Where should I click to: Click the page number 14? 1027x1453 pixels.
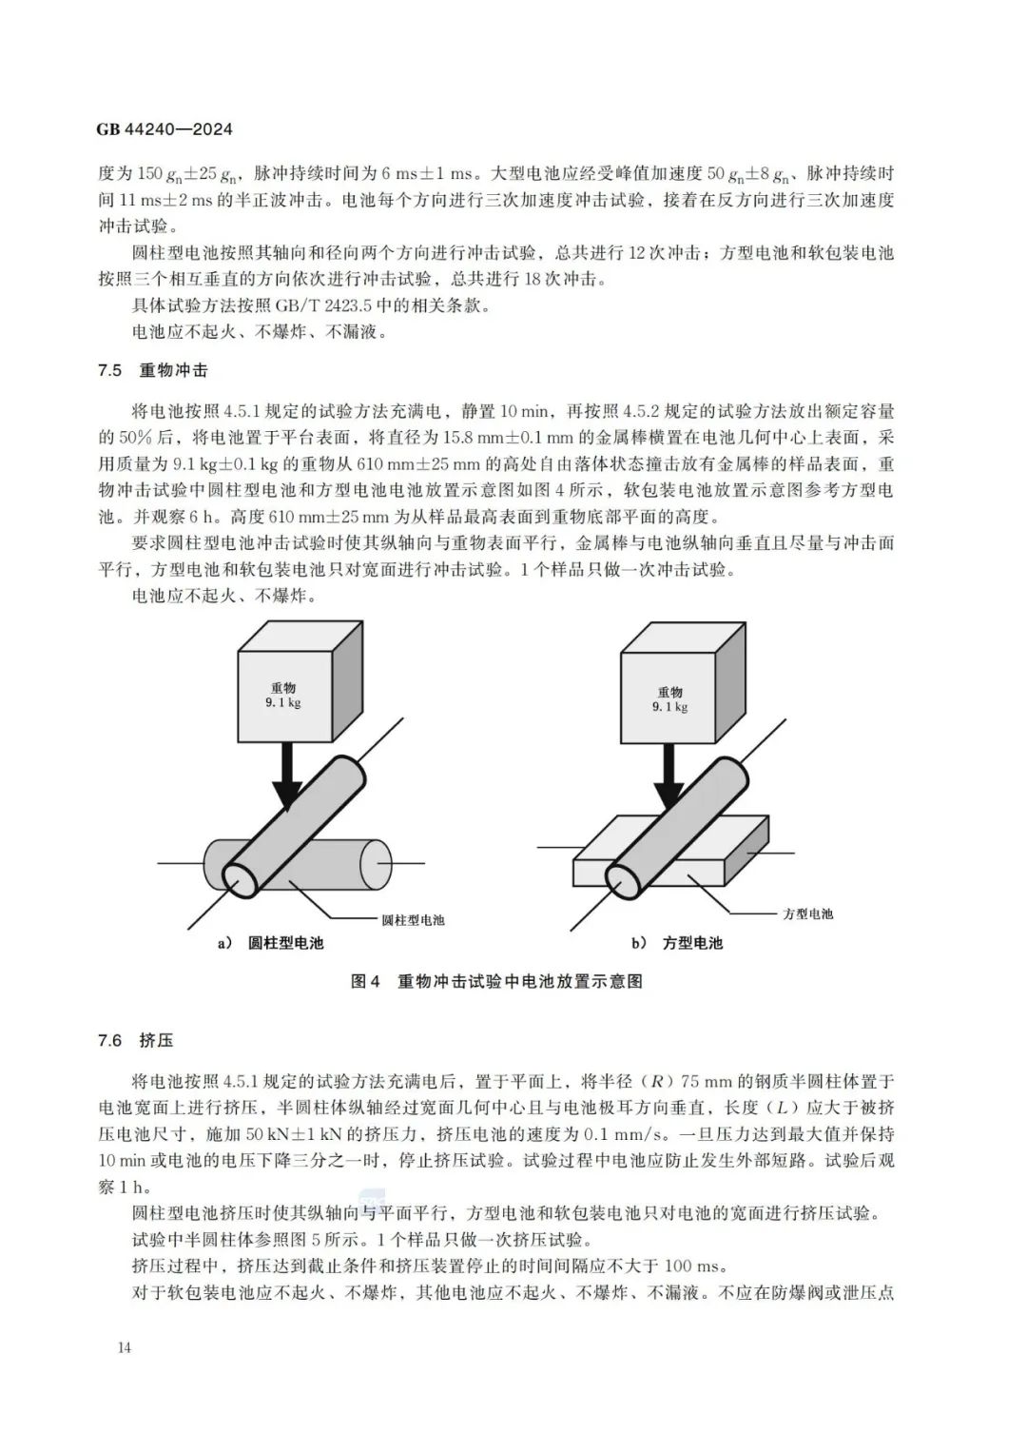pyautogui.click(x=125, y=1347)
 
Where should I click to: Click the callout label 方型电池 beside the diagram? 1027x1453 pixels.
pyautogui.click(x=807, y=913)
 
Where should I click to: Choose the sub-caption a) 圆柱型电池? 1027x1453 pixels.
pyautogui.click(x=271, y=943)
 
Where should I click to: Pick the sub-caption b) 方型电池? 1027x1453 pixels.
pyautogui.click(x=677, y=943)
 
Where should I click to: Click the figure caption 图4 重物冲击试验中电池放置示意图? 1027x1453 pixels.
pyautogui.click(x=497, y=981)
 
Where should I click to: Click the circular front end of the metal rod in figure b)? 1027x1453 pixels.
pyautogui.click(x=624, y=881)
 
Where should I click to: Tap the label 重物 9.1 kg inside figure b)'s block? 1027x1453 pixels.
pyautogui.click(x=670, y=699)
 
